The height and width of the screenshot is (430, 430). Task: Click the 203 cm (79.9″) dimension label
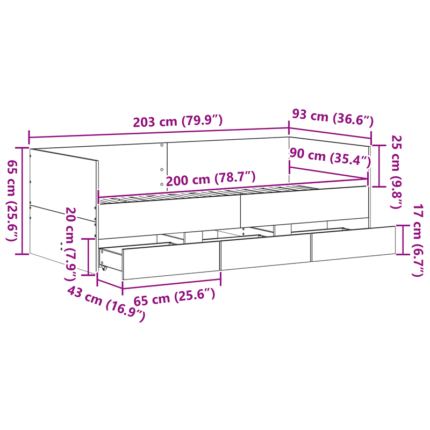tap(178, 121)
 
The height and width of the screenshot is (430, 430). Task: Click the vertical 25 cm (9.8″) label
tap(396, 172)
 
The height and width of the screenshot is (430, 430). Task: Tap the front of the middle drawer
tap(266, 253)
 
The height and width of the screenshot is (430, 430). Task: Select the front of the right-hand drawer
tap(353, 244)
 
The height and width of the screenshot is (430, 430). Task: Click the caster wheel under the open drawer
tap(104, 268)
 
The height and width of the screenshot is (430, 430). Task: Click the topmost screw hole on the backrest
tap(162, 145)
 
